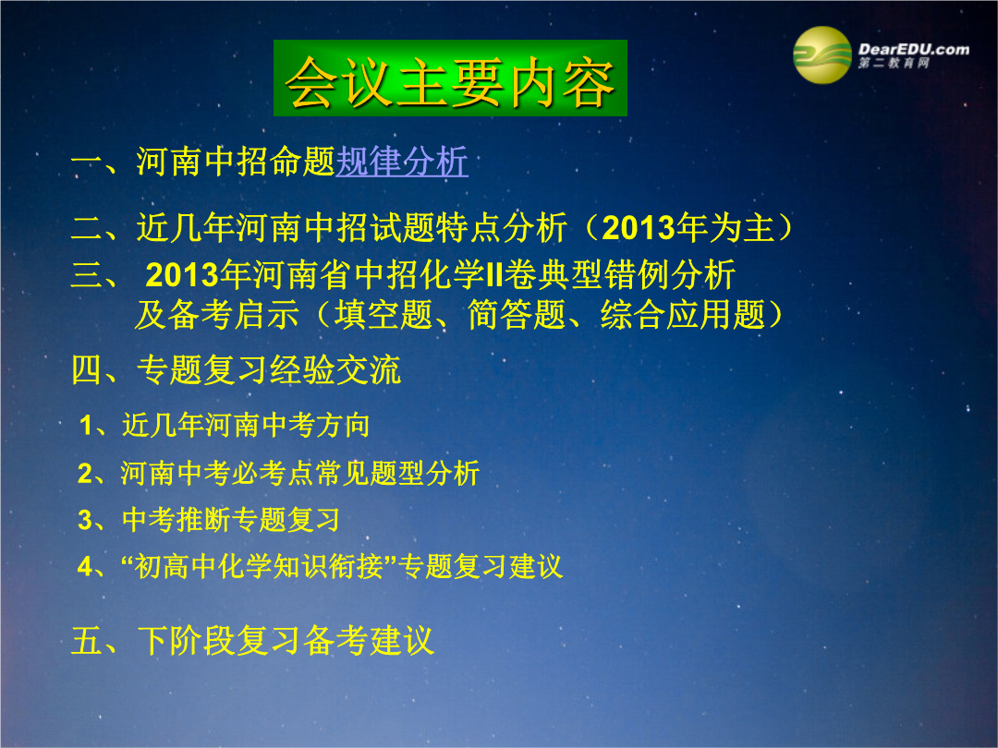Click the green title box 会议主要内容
[450, 78]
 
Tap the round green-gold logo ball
[822, 55]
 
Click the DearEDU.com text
[913, 49]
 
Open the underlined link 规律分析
[402, 161]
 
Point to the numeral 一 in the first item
[86, 162]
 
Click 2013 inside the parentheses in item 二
[639, 228]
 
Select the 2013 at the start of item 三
[181, 275]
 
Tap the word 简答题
[517, 314]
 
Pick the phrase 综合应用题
[683, 314]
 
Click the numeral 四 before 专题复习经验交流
[87, 369]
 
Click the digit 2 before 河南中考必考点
[85, 473]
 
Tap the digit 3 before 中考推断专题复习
[85, 520]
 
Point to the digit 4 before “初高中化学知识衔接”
[85, 566]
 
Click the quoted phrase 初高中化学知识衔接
[259, 566]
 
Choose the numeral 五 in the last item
[87, 641]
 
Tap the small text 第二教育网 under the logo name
[894, 63]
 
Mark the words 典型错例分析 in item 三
[637, 275]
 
